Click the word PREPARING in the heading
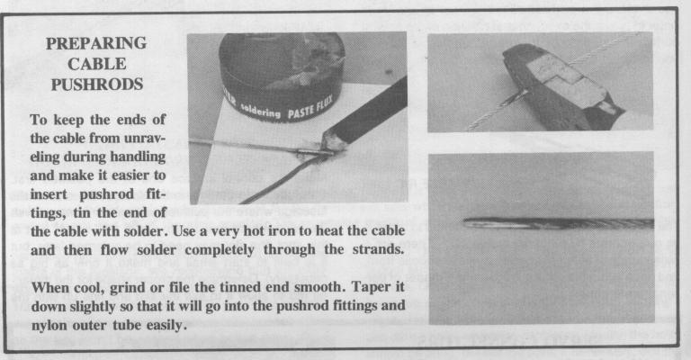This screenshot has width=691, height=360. click(x=96, y=43)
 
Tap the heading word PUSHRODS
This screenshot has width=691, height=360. click(x=97, y=85)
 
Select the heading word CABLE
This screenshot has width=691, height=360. click(x=97, y=64)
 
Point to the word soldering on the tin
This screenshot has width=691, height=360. click(x=260, y=111)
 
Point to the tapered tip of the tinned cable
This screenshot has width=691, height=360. click(x=465, y=222)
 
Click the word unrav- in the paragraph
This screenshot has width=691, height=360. click(x=145, y=138)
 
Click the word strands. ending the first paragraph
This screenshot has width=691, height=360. click(x=378, y=250)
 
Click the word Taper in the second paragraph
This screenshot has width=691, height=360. click(x=369, y=288)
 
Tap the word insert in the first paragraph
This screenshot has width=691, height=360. click(x=49, y=194)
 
